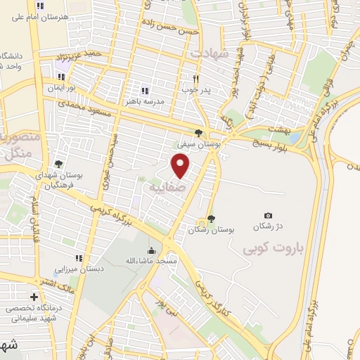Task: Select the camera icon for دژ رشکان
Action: (267, 215)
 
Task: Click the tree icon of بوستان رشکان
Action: (212, 218)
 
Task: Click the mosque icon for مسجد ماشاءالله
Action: (152, 250)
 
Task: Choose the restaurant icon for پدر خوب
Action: (196, 79)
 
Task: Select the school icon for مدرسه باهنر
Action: (145, 91)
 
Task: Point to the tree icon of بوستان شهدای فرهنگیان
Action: (58, 165)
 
